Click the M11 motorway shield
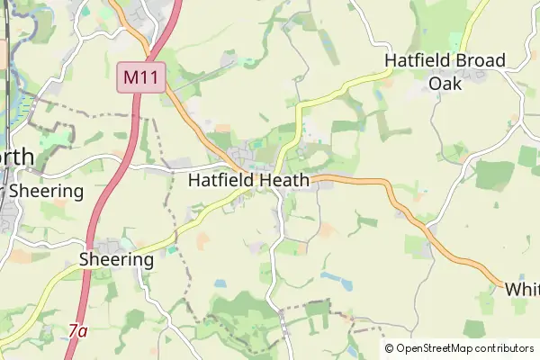pyautogui.click(x=141, y=77)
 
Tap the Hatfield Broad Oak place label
pyautogui.click(x=445, y=71)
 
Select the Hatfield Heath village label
pyautogui.click(x=248, y=180)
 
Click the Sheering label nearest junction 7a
pyautogui.click(x=116, y=259)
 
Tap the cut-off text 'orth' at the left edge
pyautogui.click(x=17, y=157)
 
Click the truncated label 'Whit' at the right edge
pyautogui.click(x=521, y=289)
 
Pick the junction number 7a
pyautogui.click(x=78, y=331)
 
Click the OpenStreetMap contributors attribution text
pyautogui.click(x=464, y=347)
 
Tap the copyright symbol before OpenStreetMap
pyautogui.click(x=390, y=347)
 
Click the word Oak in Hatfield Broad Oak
pyautogui.click(x=445, y=83)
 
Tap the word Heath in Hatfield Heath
pyautogui.click(x=281, y=180)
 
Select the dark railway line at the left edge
pyautogui.click(x=7, y=54)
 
